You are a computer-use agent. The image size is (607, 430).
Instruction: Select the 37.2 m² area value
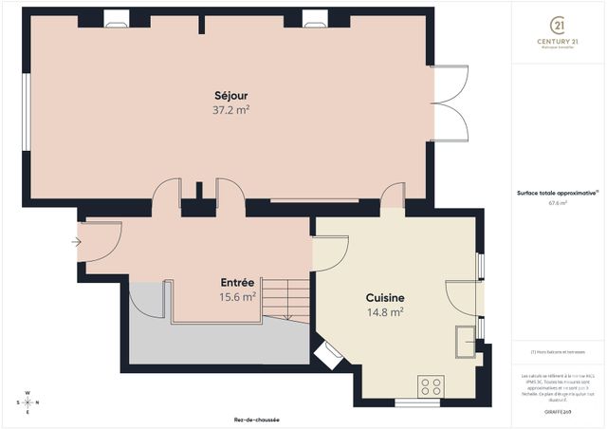click(x=230, y=110)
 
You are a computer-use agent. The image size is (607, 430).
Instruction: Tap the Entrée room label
click(x=237, y=283)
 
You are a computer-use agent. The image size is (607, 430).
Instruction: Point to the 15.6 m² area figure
click(x=237, y=297)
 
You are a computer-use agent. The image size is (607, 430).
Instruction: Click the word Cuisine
click(x=385, y=297)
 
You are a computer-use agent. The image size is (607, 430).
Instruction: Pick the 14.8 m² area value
click(x=385, y=311)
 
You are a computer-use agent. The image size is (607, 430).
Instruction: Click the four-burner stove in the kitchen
click(x=431, y=385)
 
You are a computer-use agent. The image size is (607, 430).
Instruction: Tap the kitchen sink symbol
click(x=466, y=339)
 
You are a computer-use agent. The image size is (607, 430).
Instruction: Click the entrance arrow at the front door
click(x=76, y=242)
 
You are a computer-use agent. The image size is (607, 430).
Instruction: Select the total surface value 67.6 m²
click(x=557, y=202)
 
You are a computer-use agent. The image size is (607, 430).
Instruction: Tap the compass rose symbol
click(x=28, y=401)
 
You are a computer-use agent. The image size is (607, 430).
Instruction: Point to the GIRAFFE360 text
click(x=559, y=412)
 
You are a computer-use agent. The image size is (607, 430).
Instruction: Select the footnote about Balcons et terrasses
click(x=557, y=352)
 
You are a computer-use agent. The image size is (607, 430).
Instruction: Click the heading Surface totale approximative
click(x=557, y=193)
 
